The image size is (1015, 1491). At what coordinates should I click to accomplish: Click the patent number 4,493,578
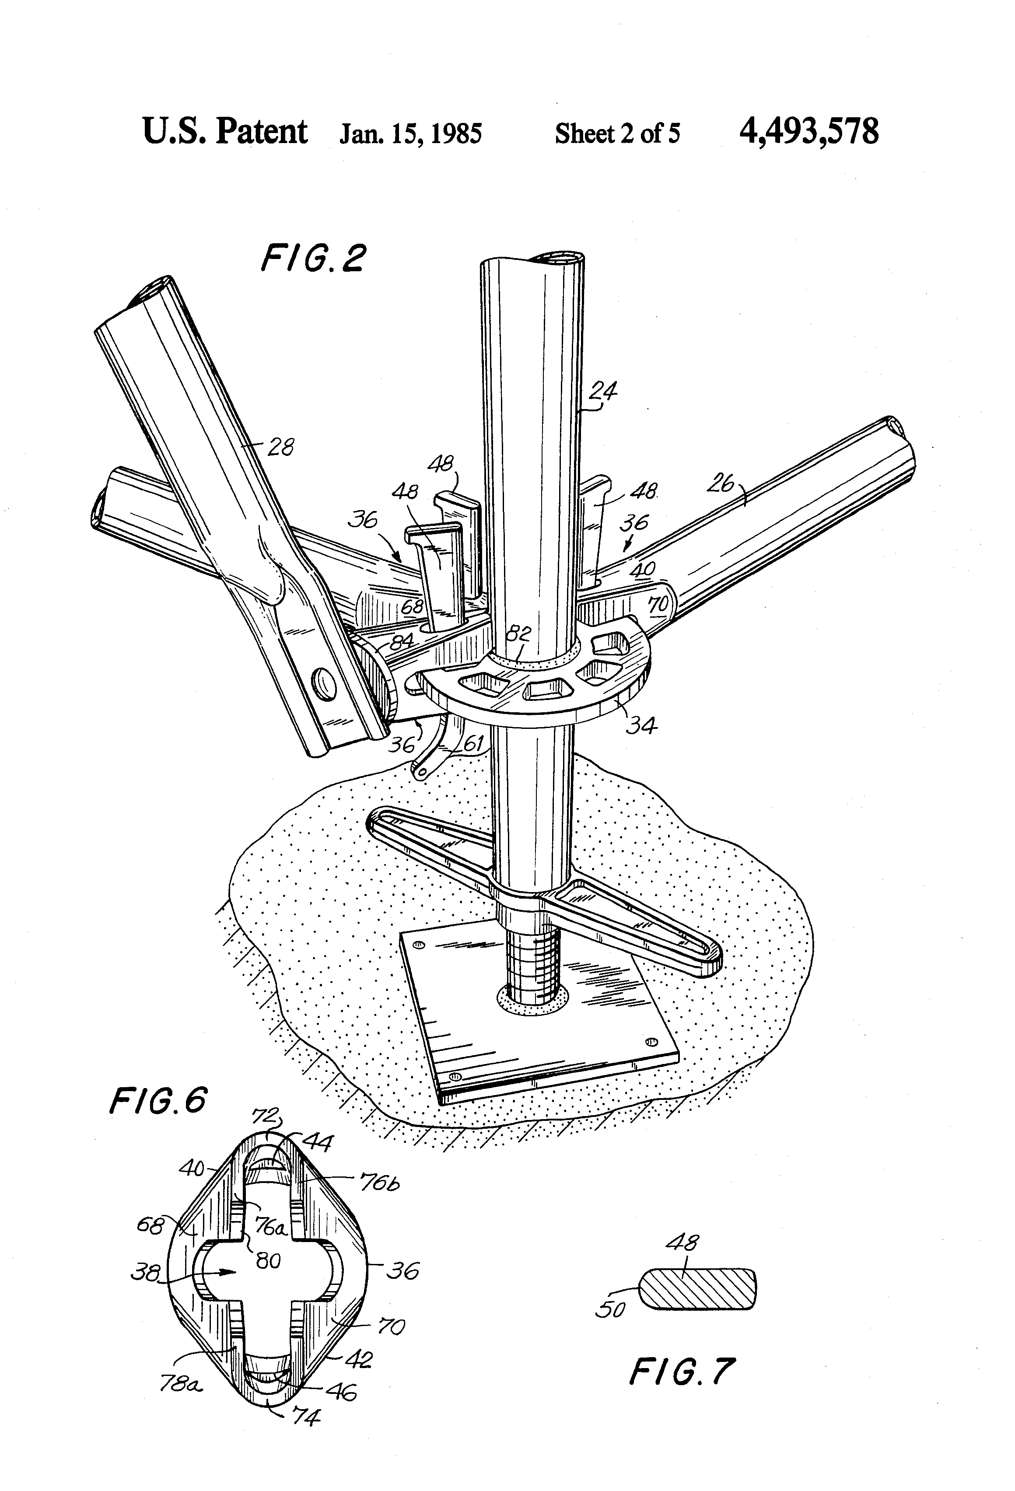tap(808, 132)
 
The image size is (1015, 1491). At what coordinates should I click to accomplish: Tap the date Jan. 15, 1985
tap(411, 133)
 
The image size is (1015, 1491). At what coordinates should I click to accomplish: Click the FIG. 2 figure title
tap(313, 259)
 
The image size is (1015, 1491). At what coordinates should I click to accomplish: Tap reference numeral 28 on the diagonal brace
tap(280, 447)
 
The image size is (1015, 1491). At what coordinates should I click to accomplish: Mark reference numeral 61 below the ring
tap(473, 744)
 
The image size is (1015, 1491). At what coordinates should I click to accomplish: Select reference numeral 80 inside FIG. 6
tap(268, 1261)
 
